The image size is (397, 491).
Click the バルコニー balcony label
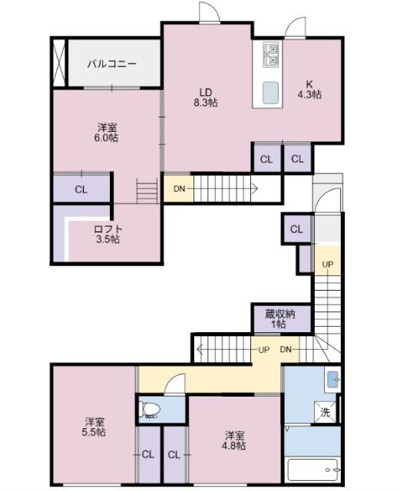coord(111,64)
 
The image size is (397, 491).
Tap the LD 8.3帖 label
coord(206,97)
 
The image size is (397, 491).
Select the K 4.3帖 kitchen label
coord(309,90)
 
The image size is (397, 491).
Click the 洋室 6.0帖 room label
coord(107,132)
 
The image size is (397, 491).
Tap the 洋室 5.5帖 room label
coord(95,427)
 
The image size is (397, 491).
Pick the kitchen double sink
coord(272,53)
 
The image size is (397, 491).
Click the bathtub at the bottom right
coord(313,469)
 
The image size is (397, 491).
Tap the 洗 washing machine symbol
coord(326,413)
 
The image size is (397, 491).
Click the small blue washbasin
coord(332,378)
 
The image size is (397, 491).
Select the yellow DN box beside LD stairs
coord(178,189)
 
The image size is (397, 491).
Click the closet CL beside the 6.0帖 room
coord(81,189)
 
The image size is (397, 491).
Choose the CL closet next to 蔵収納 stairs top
coord(296,229)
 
